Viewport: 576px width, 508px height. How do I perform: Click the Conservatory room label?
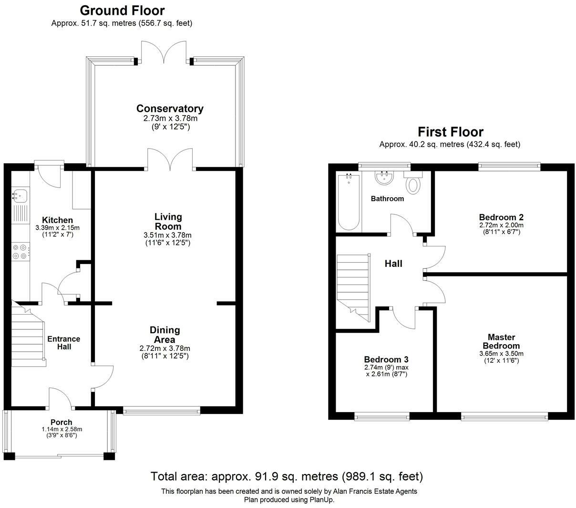pos(170,109)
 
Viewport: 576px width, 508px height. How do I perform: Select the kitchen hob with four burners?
pos(20,252)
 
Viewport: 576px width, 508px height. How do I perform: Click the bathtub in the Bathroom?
pos(349,202)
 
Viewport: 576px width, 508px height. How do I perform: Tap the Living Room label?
pos(168,222)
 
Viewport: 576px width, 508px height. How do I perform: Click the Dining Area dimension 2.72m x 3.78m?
pos(165,349)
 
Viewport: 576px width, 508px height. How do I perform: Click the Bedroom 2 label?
pos(501,217)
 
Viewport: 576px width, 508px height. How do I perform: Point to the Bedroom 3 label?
pos(386,360)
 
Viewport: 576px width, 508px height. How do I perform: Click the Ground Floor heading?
pos(122,11)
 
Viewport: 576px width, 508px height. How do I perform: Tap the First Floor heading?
pos(450,132)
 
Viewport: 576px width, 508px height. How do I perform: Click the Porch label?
pos(62,422)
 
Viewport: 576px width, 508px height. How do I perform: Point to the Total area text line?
pos(287,476)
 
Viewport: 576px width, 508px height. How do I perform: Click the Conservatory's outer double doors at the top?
pos(164,53)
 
